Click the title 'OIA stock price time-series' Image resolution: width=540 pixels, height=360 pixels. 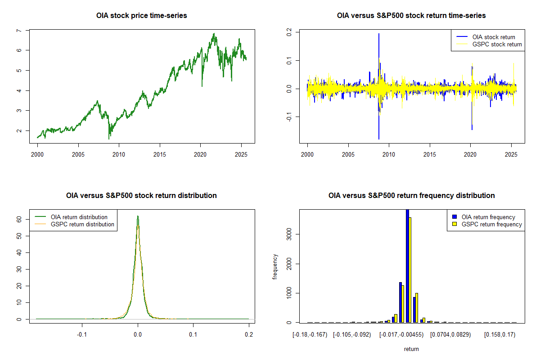[142, 15]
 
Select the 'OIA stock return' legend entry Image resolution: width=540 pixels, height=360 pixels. [494, 37]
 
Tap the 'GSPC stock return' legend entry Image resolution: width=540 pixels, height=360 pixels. [497, 44]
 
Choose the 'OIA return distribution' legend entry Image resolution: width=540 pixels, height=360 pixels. [79, 217]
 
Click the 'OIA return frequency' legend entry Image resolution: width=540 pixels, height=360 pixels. [488, 217]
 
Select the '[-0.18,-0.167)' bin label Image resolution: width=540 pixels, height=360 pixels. [308, 335]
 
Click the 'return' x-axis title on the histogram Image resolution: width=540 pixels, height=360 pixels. [411, 349]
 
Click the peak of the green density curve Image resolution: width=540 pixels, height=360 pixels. [138, 216]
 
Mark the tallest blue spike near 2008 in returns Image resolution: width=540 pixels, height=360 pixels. [379, 34]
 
